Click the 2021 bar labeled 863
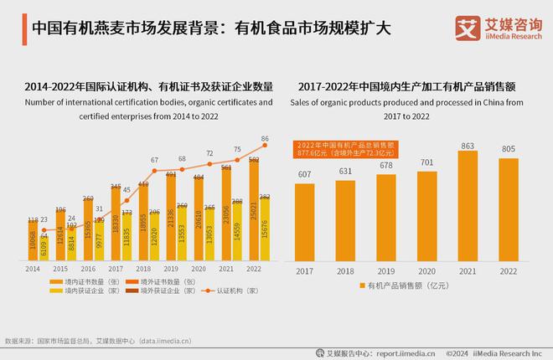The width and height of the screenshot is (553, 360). pos(468,206)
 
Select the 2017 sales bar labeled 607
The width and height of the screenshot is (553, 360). pos(304,222)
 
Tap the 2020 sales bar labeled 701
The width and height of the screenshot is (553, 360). pos(426,216)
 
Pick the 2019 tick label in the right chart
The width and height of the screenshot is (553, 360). pos(386,272)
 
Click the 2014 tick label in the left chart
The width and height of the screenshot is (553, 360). pos(32,270)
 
